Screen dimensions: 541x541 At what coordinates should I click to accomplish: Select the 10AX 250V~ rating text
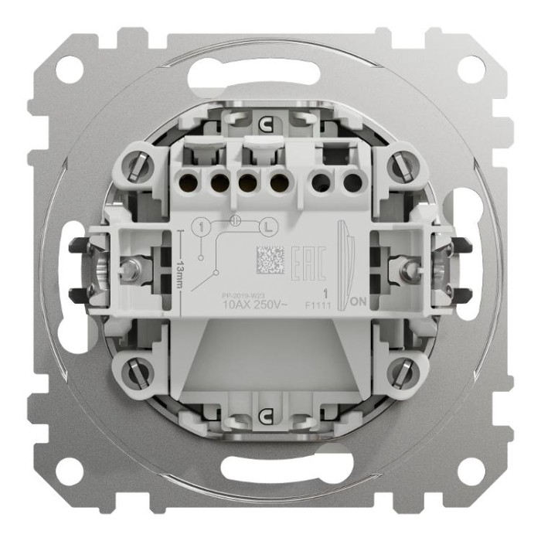coord(255,303)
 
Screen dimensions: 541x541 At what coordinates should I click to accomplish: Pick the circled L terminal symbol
coord(266,227)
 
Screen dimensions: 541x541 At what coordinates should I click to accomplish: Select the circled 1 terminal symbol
coord(200,227)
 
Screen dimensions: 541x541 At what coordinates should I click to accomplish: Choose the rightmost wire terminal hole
coord(352,183)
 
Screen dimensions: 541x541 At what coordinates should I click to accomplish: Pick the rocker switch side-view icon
coord(343,259)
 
